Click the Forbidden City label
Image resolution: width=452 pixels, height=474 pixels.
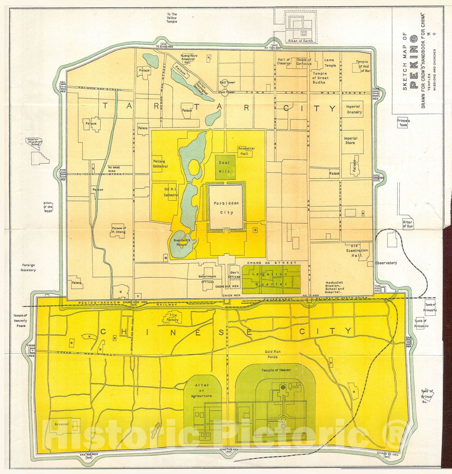(226, 208)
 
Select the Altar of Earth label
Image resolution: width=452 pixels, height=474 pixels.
(300, 41)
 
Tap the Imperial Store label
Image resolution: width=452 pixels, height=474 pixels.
(350, 140)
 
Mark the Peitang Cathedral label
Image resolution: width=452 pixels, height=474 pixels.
(160, 164)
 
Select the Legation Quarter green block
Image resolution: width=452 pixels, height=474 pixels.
(271, 279)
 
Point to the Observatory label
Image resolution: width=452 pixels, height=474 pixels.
(386, 263)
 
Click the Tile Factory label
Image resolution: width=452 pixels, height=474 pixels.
(173, 318)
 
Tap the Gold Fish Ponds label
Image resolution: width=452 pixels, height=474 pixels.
(273, 354)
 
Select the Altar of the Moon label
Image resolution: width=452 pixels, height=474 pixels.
(48, 207)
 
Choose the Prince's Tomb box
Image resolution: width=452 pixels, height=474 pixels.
(403, 123)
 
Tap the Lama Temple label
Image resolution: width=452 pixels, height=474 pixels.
(330, 63)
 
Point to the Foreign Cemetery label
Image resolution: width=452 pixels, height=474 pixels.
(28, 268)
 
